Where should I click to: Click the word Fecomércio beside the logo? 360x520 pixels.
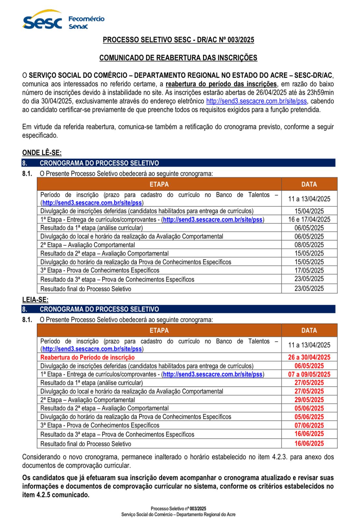point(86,19)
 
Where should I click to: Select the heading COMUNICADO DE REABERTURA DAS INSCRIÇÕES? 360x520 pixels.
point(178,58)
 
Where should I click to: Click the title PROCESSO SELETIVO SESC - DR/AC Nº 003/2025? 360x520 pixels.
point(178,40)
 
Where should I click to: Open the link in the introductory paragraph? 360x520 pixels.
point(256,101)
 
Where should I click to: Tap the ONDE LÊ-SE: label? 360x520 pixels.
point(42,152)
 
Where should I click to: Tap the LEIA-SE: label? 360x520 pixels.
point(35,300)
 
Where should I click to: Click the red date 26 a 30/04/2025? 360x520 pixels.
point(309,357)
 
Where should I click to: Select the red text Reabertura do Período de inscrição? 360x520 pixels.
point(87,357)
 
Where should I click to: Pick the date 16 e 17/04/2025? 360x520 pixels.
point(309,219)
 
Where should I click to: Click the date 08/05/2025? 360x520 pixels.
point(309,245)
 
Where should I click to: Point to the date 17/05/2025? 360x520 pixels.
point(309,270)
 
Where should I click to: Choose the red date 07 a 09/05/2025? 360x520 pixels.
point(309,374)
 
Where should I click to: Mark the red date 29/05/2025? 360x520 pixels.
point(309,400)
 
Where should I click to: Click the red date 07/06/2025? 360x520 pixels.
point(309,425)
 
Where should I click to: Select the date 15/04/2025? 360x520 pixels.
point(309,211)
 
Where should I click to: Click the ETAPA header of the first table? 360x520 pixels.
point(159,184)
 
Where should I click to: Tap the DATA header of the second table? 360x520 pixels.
point(309,331)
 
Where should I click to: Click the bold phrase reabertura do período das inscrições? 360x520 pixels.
point(221,84)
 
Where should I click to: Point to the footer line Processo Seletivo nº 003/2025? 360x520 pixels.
point(178,509)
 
